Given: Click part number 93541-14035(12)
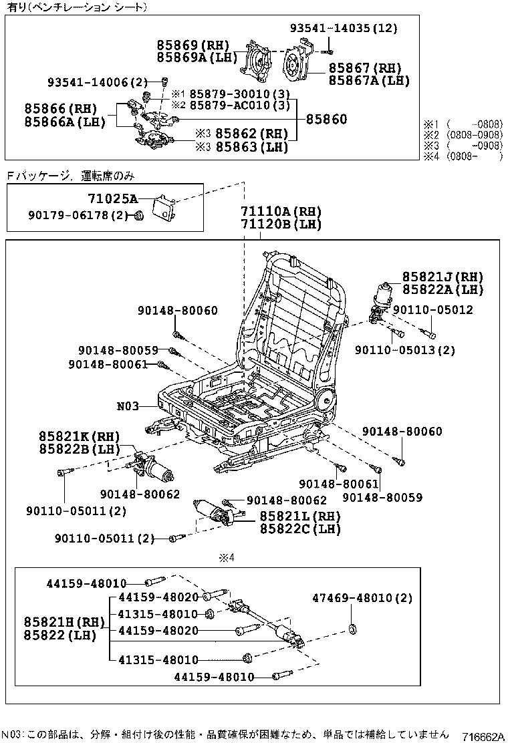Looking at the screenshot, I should click(x=343, y=28).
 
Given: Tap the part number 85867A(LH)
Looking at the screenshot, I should click(x=369, y=80).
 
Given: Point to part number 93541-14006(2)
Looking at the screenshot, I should click(x=98, y=82).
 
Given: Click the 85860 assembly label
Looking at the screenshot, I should click(x=326, y=120).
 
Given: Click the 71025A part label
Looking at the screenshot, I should click(x=112, y=198).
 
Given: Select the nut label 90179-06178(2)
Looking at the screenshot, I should click(x=77, y=215).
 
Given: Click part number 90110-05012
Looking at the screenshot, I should click(x=432, y=310).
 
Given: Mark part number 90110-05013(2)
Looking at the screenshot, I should click(x=404, y=350).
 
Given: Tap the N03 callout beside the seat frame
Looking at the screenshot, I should click(x=128, y=406).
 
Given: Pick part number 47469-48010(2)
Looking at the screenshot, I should click(x=363, y=598).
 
